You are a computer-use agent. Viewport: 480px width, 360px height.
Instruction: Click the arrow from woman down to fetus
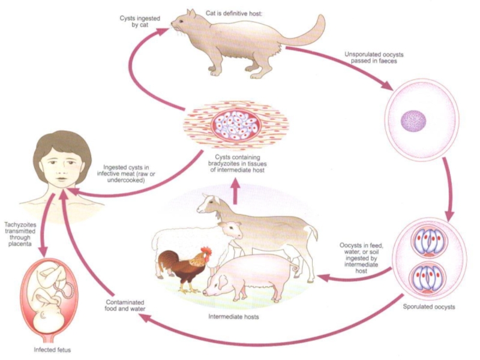pos(43,236)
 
